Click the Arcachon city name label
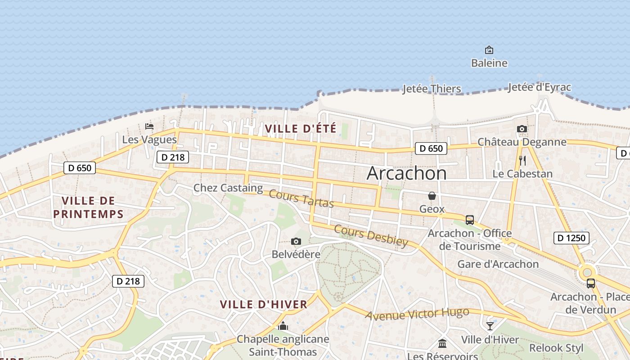tap(406, 174)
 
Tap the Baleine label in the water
tap(489, 63)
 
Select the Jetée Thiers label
tap(432, 89)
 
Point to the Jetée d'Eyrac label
tap(539, 87)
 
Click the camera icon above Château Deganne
tap(522, 129)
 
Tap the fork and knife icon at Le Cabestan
tap(522, 161)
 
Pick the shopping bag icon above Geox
tap(432, 196)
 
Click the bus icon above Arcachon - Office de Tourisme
tap(469, 220)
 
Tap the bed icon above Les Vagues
tap(149, 126)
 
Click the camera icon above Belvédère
tap(296, 242)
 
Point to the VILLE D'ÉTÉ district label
tap(301, 129)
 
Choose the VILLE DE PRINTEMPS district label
tap(88, 207)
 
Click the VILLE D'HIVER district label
tap(264, 304)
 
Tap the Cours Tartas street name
tap(301, 199)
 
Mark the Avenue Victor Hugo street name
tap(417, 314)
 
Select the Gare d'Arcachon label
tap(498, 264)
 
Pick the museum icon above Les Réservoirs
tap(442, 344)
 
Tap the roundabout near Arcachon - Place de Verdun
tap(587, 272)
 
